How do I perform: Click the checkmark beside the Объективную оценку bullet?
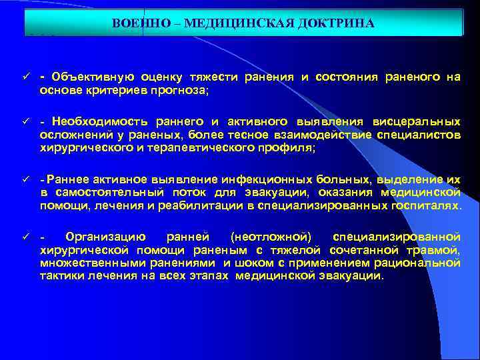25,77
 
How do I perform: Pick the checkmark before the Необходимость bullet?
25,122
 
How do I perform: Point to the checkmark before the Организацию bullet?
25,237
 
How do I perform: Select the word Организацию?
103,237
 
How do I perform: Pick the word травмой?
436,250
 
